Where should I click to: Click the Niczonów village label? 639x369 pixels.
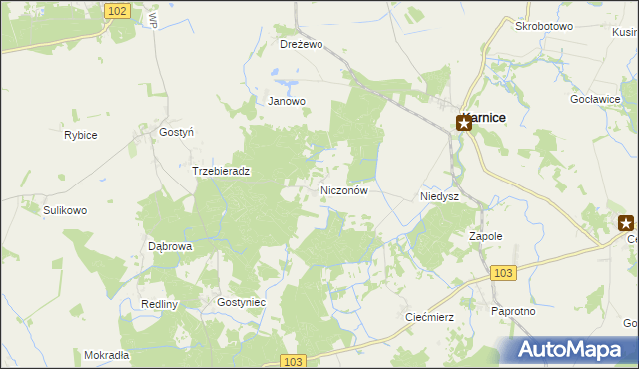point(345,189)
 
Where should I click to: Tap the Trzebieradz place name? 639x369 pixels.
point(221,171)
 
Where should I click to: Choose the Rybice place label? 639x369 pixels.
point(80,135)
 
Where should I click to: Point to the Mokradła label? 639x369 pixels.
point(107,355)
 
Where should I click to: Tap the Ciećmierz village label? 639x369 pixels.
point(430,317)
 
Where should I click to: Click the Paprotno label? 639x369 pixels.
point(514,311)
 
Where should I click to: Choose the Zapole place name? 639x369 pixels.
point(485,236)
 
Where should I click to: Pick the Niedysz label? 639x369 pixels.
point(439,197)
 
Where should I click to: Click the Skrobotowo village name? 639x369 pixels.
point(544,26)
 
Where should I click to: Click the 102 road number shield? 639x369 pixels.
point(117,10)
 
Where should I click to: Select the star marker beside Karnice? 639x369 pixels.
point(464,124)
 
